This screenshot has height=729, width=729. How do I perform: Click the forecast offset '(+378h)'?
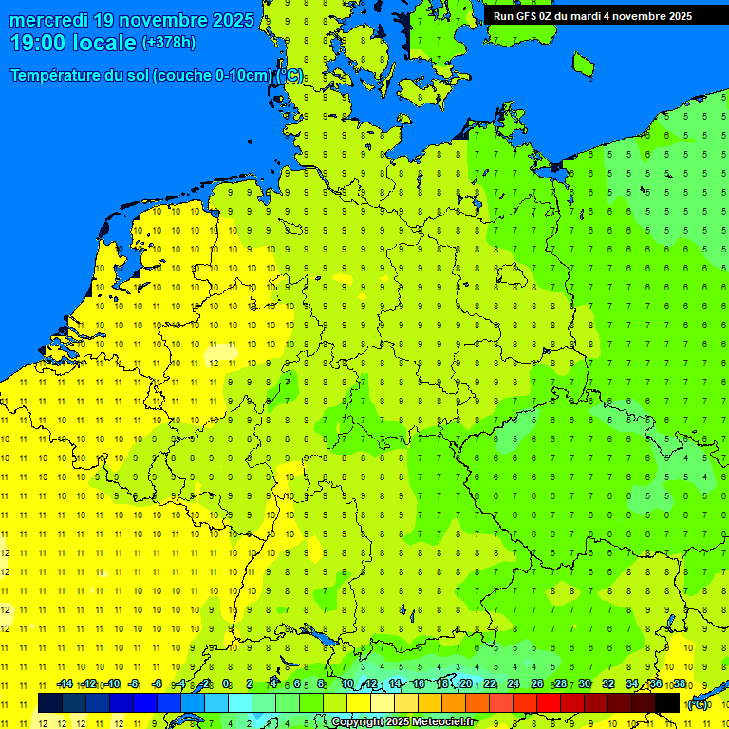[x=169, y=43]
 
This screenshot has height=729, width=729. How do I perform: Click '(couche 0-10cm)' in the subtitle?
[x=212, y=76]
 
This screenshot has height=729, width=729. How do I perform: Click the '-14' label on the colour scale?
[x=65, y=684]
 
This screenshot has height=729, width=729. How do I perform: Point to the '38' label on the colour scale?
[x=680, y=684]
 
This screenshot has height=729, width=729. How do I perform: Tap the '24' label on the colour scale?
[x=514, y=684]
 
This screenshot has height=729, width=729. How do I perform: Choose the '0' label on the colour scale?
[x=226, y=684]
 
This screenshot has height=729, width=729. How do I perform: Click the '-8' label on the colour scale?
[x=134, y=684]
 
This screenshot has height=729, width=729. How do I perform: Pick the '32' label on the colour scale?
[x=608, y=684]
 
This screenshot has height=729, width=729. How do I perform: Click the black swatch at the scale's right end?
[x=667, y=702]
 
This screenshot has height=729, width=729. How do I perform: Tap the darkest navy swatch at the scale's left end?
[x=49, y=702]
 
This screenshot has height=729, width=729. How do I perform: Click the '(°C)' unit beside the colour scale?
[x=698, y=703]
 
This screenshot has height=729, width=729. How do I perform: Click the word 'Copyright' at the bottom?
[x=358, y=722]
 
